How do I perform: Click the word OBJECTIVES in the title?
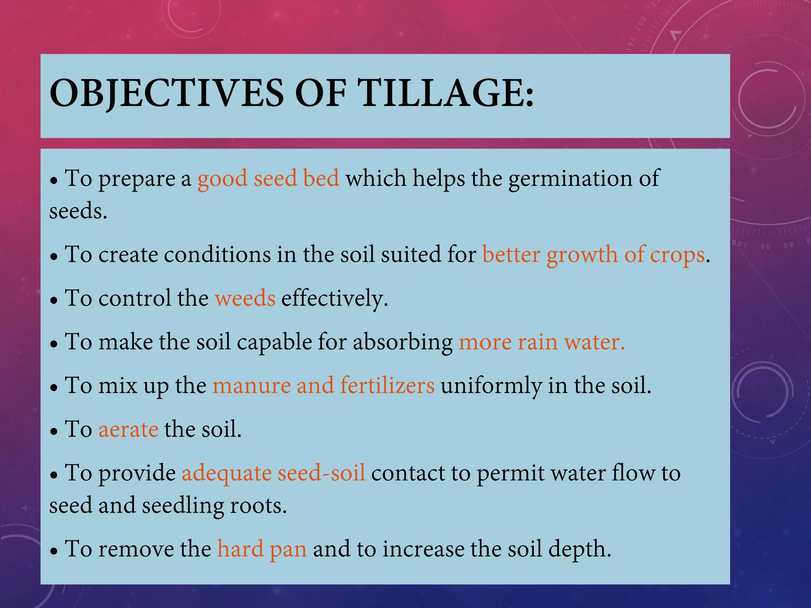[166, 93]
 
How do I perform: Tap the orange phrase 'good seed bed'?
[268, 179]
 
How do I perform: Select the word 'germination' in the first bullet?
[570, 179]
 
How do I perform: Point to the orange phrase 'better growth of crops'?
[593, 255]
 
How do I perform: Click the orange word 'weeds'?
[245, 298]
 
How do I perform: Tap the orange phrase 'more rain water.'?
[541, 342]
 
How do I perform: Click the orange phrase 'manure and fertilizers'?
[323, 386]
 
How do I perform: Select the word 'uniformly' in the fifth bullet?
[491, 386]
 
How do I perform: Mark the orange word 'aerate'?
[128, 430]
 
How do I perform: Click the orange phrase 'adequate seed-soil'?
[273, 473]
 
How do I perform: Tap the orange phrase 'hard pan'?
[262, 549]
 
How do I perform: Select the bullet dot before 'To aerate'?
[54, 432]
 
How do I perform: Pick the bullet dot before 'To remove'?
[54, 551]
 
